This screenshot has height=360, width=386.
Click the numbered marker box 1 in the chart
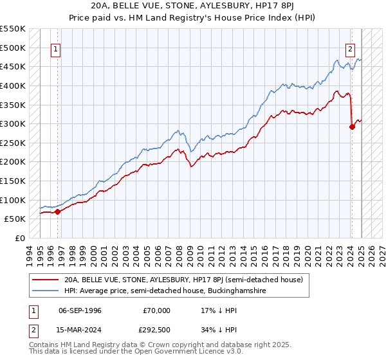[x=56, y=49]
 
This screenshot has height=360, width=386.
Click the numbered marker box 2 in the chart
[x=351, y=49]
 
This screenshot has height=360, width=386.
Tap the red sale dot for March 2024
[x=352, y=127]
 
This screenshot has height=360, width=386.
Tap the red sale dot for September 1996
[x=57, y=211]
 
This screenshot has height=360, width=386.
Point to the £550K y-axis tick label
[x=13, y=29]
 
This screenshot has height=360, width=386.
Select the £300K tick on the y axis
[x=13, y=123]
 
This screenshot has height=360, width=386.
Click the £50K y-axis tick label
[x=15, y=219]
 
